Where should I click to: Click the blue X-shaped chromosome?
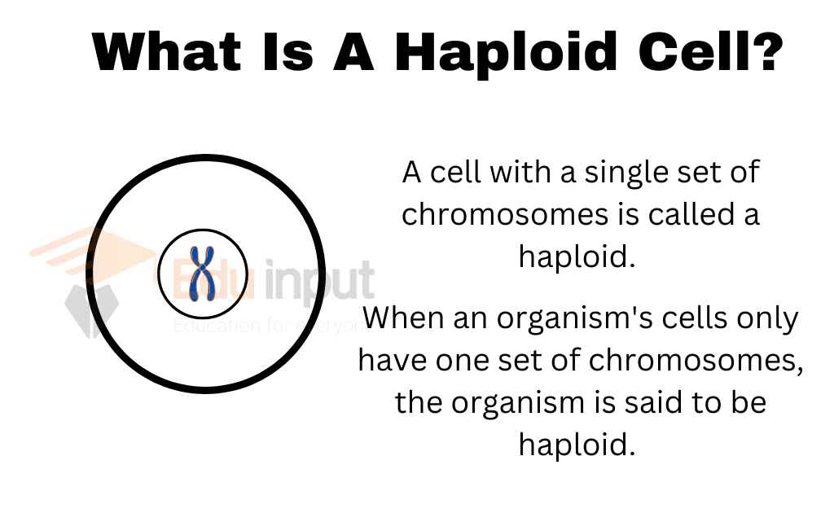(x=202, y=274)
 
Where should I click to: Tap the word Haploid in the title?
(x=506, y=51)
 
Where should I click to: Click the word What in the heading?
(x=166, y=51)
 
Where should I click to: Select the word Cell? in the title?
(x=711, y=51)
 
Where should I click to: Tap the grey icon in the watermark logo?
(x=90, y=310)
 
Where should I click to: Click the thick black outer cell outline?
(x=86, y=274)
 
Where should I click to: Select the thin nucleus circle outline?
(x=158, y=274)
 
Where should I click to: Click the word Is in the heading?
(x=288, y=51)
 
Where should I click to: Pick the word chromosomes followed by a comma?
(x=696, y=362)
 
